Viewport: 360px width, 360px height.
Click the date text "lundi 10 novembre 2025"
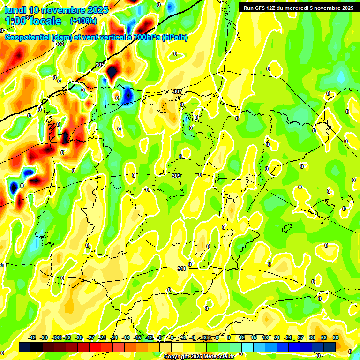pos(56,10)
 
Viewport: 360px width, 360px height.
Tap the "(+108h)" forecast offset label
pos(83,21)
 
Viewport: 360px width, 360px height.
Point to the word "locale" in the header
pos(45,21)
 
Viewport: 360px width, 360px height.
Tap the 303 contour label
pos(60,44)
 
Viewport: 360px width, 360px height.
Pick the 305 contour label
pos(100,65)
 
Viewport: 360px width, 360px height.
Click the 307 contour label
pos(177,91)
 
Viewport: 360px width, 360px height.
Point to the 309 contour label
pos(176,176)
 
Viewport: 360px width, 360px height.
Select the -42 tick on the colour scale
pos(32,337)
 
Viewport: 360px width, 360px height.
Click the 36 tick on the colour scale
pos(336,337)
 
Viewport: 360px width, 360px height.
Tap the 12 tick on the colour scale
pos(242,337)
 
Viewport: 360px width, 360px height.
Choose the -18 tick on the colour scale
pos(126,337)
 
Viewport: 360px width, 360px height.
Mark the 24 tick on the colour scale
pos(289,337)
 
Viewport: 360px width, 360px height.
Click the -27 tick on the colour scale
pos(91,337)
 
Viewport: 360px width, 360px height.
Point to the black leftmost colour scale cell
pos(25,347)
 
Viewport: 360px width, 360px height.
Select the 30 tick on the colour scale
pos(312,337)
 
